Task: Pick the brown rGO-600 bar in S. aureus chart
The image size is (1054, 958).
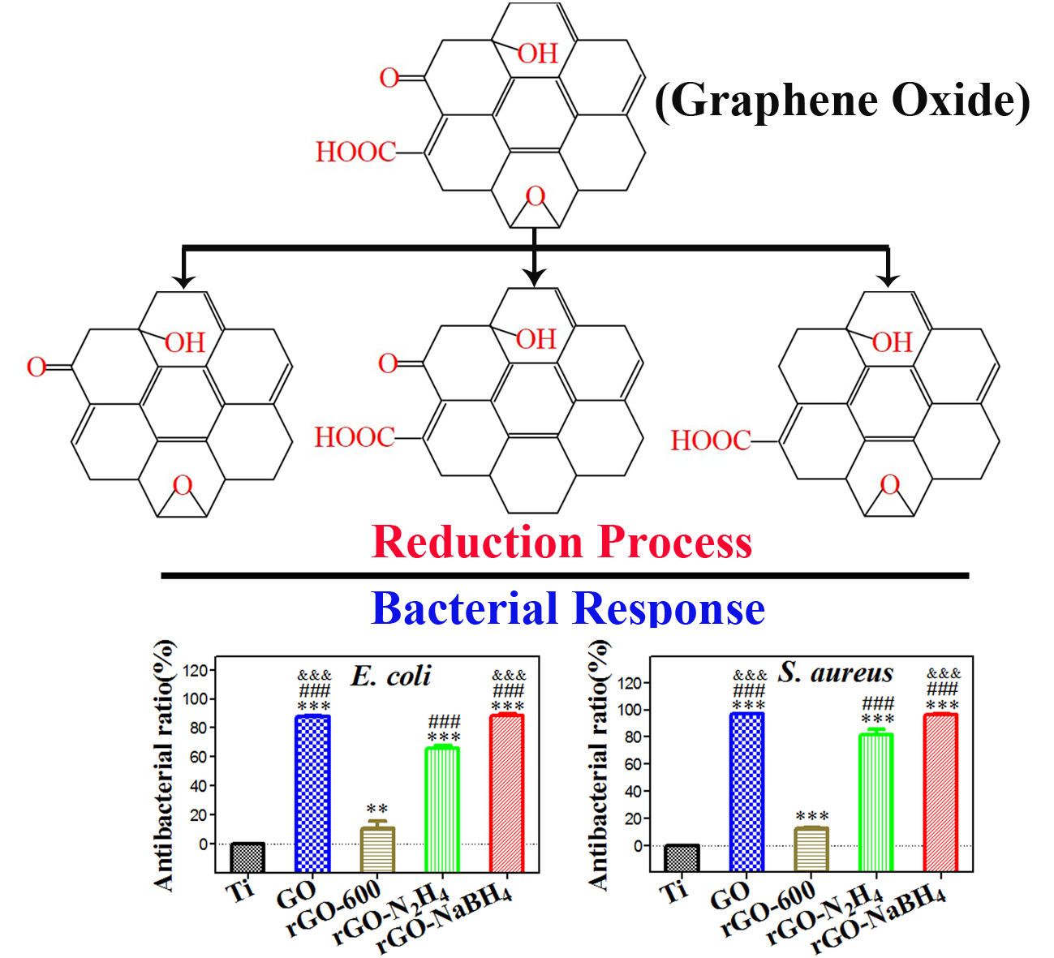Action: click(811, 848)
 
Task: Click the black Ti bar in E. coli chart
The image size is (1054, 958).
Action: click(247, 856)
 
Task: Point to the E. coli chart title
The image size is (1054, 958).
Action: click(391, 676)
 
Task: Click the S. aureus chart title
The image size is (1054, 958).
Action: click(836, 672)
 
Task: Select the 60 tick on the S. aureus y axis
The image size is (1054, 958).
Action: click(633, 763)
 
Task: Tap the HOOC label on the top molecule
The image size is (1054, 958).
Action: click(355, 152)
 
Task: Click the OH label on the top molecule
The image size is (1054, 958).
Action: click(538, 54)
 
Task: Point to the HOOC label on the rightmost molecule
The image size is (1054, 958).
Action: click(710, 440)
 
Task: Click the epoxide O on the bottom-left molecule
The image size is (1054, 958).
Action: click(183, 486)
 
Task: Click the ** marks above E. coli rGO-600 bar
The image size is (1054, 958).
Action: click(376, 809)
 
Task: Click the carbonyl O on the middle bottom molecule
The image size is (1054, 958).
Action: click(388, 363)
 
